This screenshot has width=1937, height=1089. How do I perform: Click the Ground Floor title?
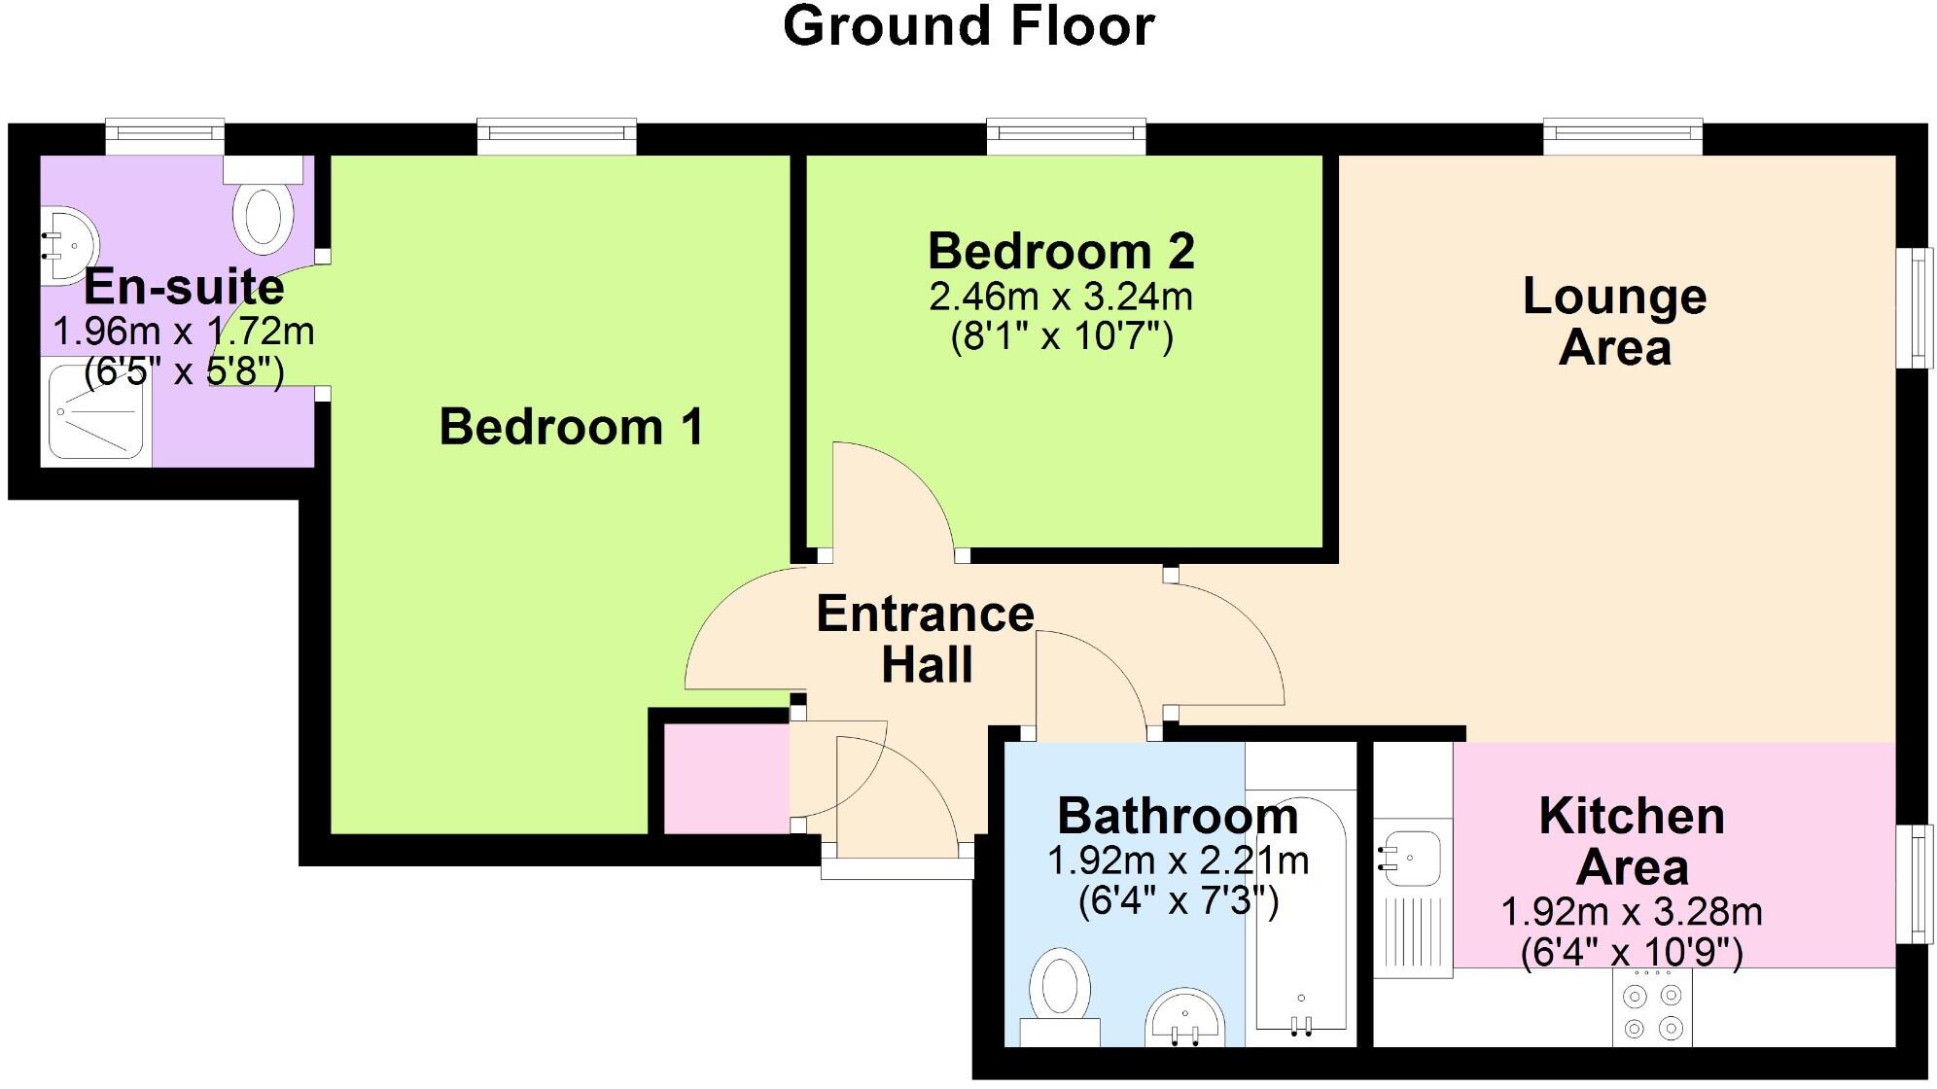968,27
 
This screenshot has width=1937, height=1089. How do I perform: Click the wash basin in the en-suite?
67,244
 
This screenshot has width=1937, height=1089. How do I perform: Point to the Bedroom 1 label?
571,427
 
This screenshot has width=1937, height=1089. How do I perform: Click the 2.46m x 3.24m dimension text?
1061,297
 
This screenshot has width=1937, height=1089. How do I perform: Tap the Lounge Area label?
1614,321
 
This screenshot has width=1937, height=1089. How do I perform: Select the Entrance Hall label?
925,639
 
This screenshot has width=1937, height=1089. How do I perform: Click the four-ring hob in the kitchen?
1652,1010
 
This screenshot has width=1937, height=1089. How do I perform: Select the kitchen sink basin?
1408,857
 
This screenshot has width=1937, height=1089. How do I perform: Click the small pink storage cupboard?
725,778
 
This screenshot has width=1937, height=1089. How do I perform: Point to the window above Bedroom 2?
1066,136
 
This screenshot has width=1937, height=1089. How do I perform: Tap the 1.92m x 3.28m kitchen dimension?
1632,912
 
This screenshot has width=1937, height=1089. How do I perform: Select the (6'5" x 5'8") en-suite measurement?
184,371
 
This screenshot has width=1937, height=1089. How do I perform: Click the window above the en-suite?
164,136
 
